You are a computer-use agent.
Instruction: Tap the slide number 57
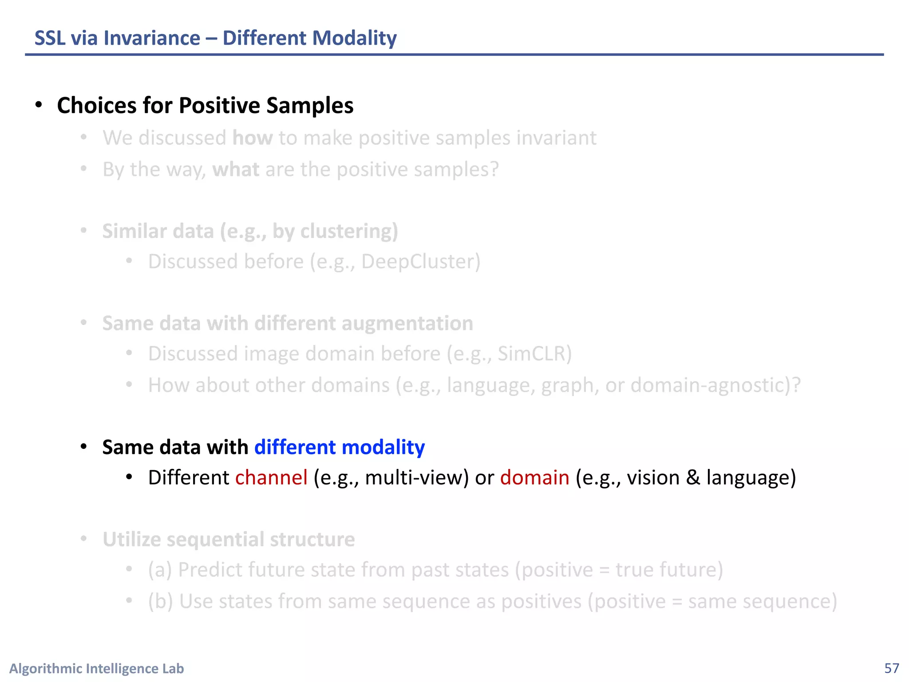point(891,668)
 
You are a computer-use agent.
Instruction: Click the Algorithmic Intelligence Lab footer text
point(97,668)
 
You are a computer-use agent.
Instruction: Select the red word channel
point(271,478)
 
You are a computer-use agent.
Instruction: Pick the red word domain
point(534,478)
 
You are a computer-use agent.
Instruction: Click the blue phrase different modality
point(340,447)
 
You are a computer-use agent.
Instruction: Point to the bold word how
point(253,138)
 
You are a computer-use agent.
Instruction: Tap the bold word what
point(236,170)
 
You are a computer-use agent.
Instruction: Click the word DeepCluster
point(418,262)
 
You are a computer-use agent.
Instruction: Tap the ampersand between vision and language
point(692,478)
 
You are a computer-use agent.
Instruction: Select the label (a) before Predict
point(160,570)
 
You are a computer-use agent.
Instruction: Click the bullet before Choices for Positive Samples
point(39,105)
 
